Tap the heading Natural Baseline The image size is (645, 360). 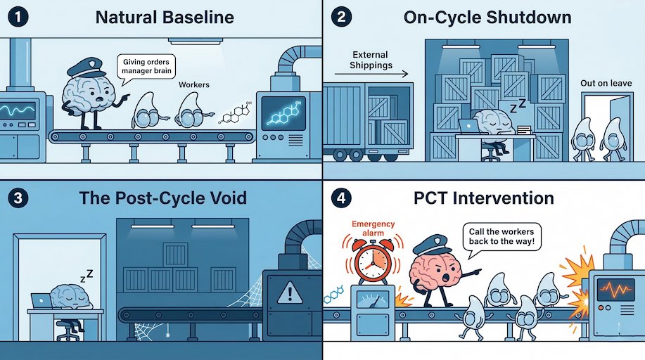tap(165, 17)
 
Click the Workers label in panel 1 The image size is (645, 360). tap(194, 85)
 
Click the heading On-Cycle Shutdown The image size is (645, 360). tap(487, 17)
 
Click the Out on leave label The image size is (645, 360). tap(606, 83)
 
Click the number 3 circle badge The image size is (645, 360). tap(17, 198)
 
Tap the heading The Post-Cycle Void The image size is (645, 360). tap(162, 198)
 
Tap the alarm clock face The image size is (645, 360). tap(372, 262)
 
